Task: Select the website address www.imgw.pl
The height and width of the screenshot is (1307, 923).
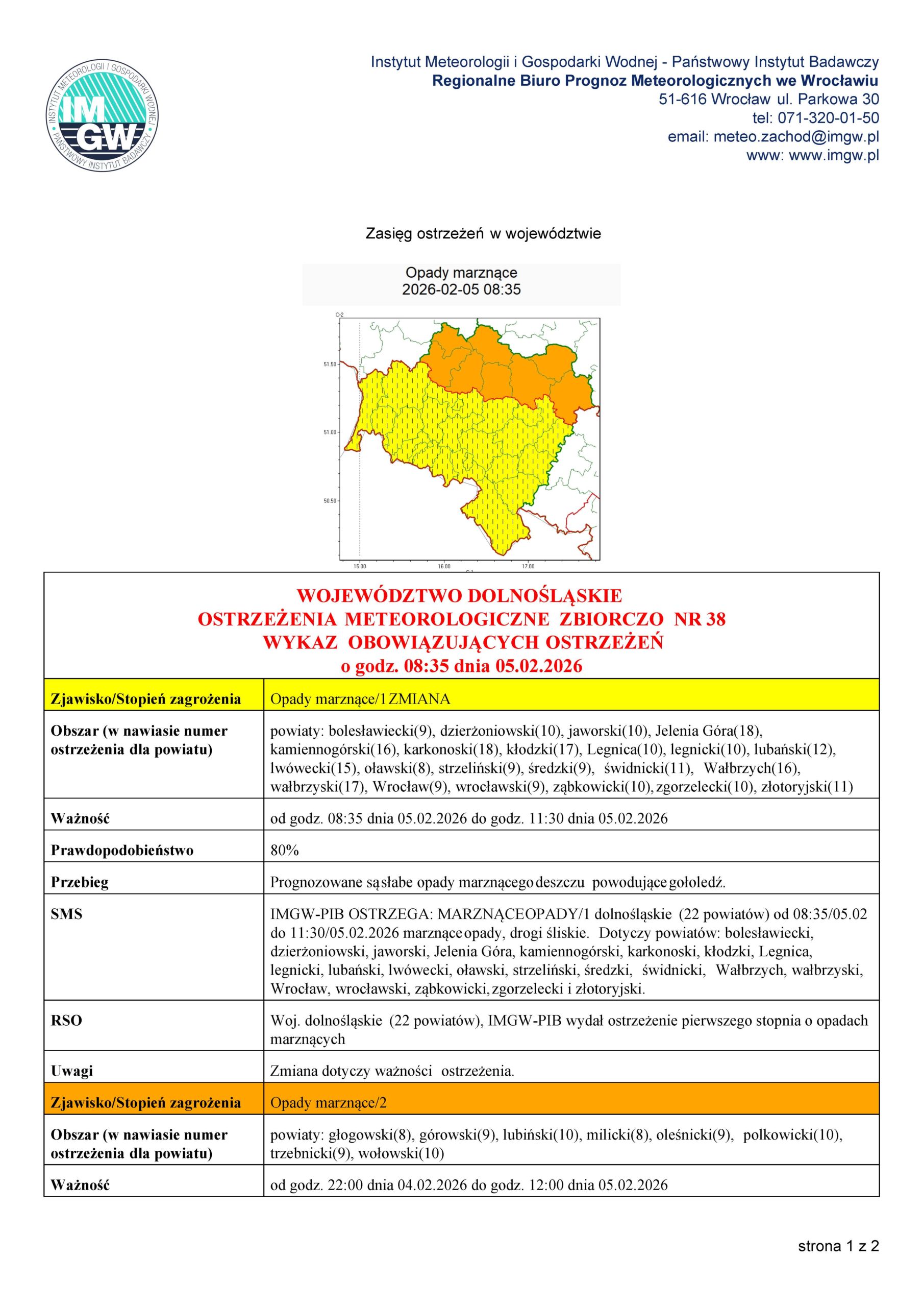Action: (834, 155)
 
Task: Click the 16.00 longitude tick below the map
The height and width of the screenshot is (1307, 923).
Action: (444, 566)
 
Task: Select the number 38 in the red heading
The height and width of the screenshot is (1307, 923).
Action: (715, 619)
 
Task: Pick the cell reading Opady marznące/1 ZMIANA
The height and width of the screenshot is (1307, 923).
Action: (360, 699)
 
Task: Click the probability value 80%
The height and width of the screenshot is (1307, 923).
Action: (285, 851)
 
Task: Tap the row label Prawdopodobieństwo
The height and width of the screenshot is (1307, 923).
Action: (122, 851)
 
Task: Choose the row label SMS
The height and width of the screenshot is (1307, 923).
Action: (66, 914)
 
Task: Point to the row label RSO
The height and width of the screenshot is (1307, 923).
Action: (66, 1020)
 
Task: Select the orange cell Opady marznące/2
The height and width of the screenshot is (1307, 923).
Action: (329, 1103)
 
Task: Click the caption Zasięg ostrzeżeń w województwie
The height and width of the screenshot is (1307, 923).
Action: (483, 233)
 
